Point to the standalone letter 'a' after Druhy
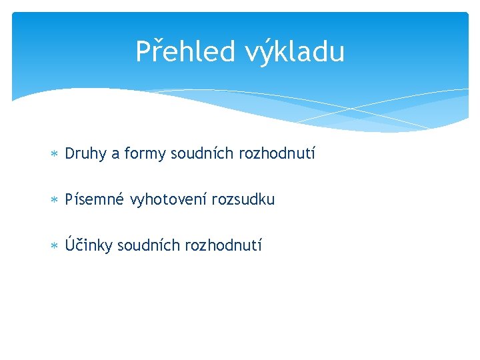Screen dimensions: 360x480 pos(115,155)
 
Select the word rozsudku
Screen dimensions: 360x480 pos(243,199)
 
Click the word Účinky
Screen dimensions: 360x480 pos(89,245)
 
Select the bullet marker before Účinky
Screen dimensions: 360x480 pos(55,245)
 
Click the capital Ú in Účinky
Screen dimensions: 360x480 pos(70,243)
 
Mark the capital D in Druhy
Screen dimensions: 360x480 pos(70,154)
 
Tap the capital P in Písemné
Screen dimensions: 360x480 pos(69,199)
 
